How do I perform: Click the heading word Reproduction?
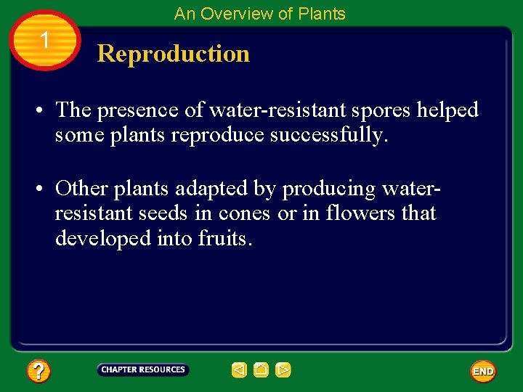[x=173, y=54]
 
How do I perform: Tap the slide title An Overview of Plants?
[x=259, y=14]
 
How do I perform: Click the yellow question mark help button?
[x=38, y=372]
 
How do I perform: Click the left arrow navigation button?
[x=239, y=370]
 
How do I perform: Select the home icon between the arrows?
[x=261, y=370]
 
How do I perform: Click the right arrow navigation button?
[x=283, y=370]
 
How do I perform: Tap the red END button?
[x=483, y=372]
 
